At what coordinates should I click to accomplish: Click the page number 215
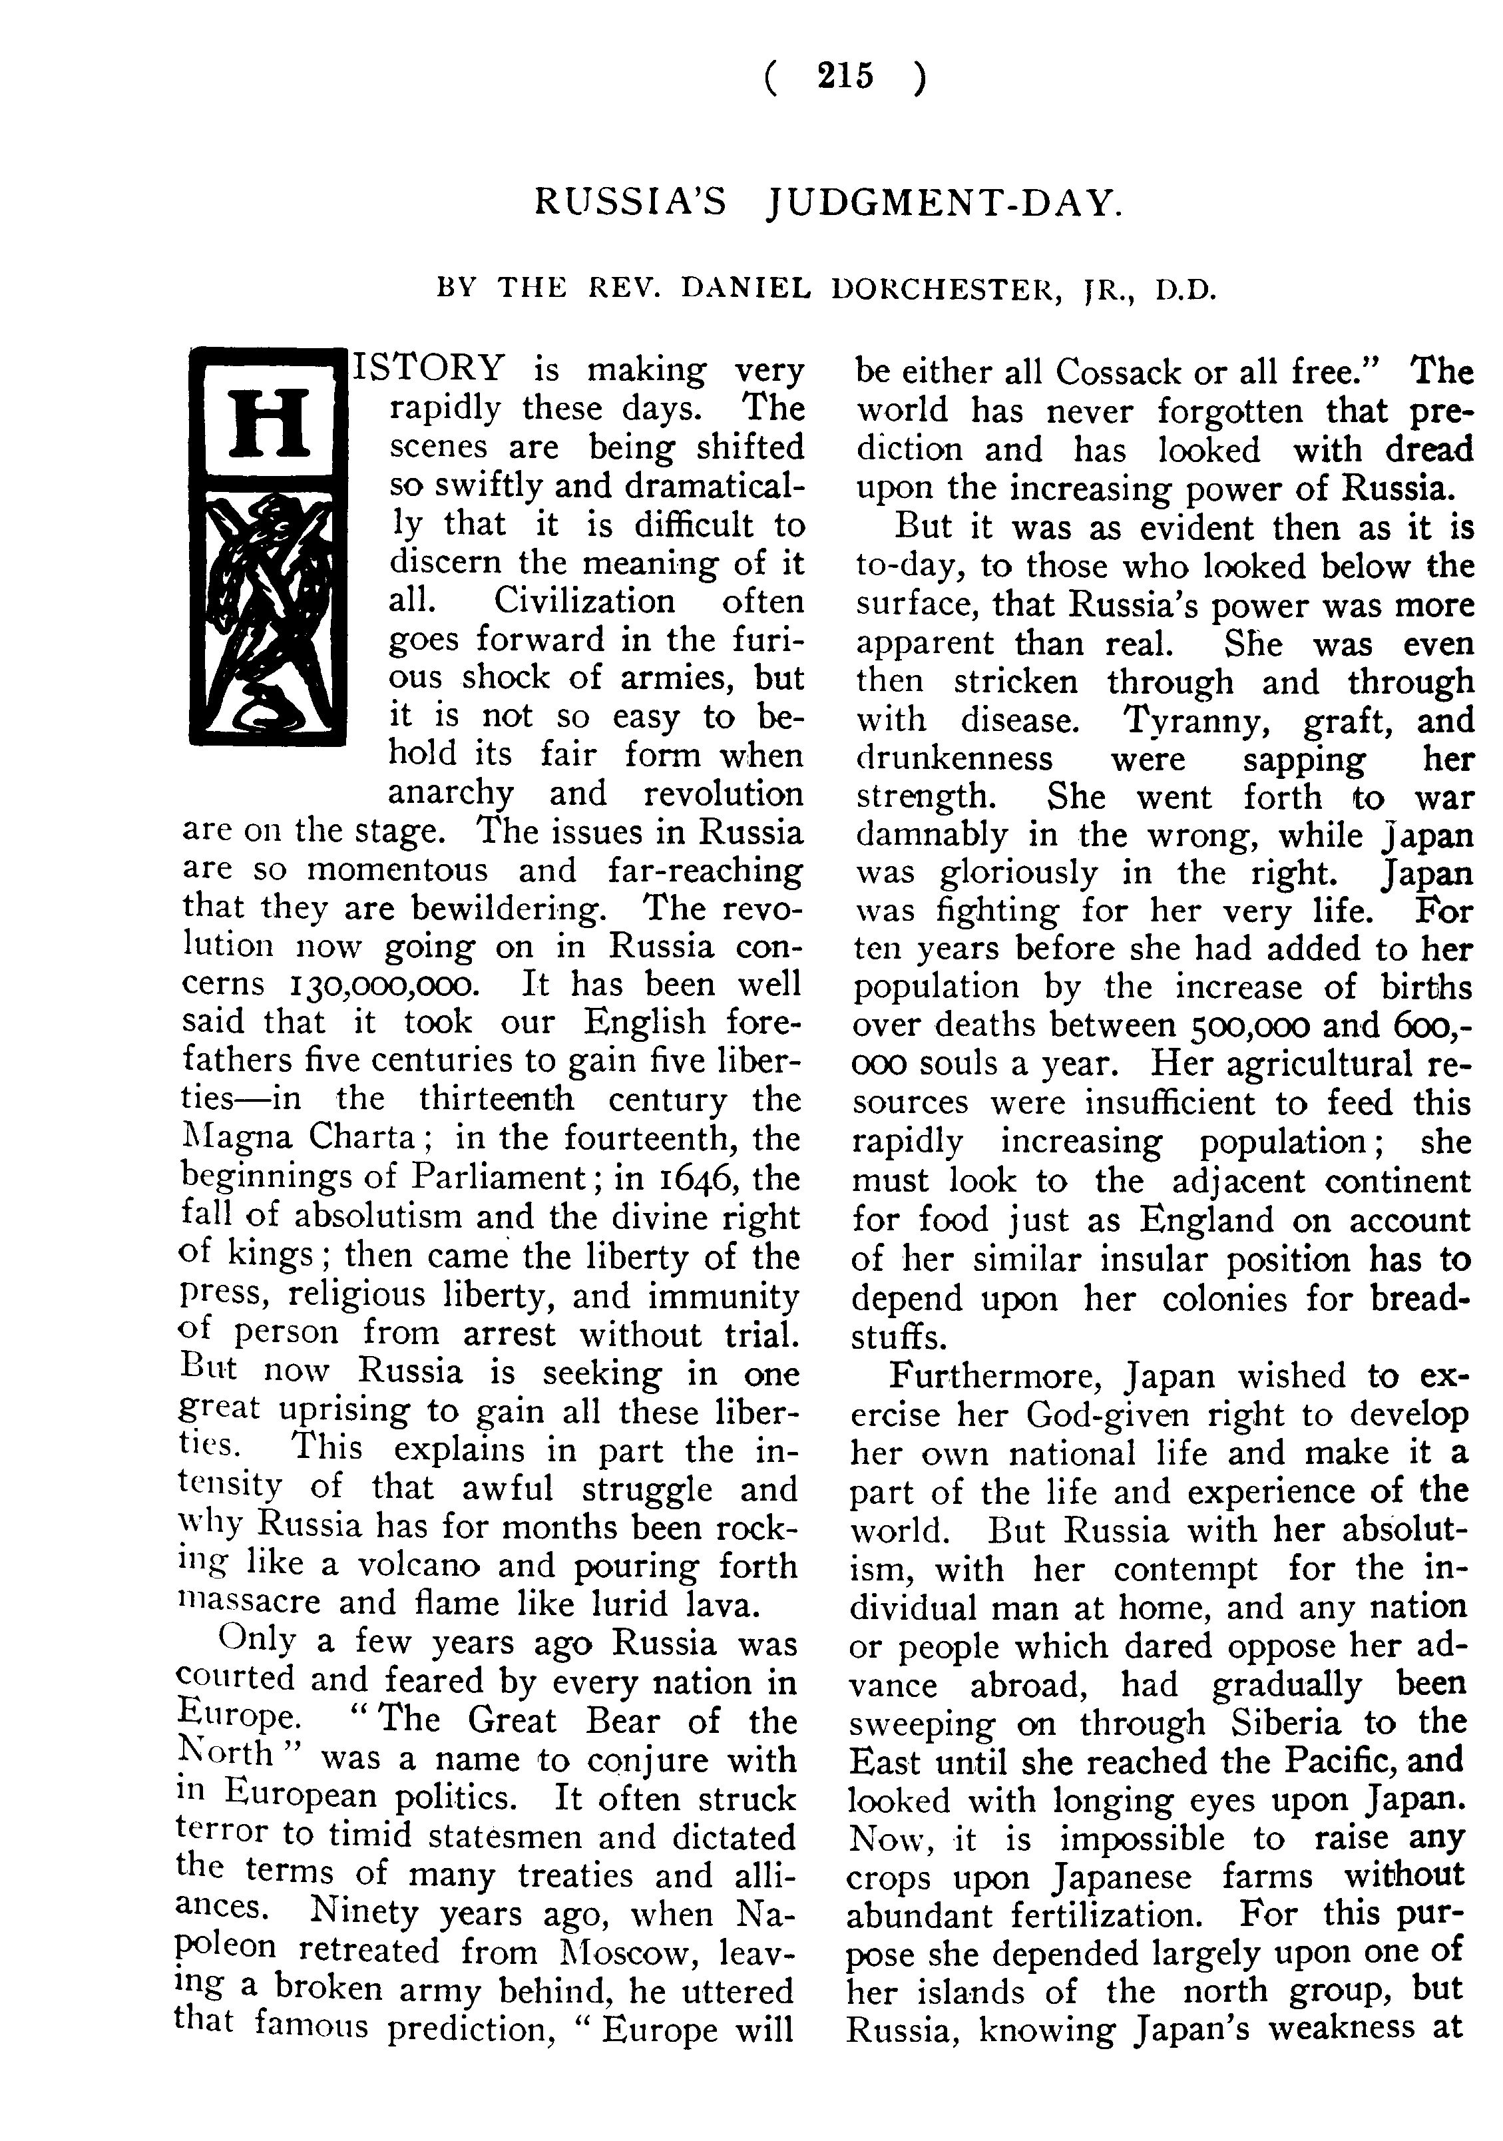(845, 75)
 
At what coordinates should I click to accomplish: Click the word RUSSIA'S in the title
(630, 202)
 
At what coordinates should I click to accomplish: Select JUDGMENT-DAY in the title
(944, 202)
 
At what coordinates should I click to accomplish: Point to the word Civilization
(584, 600)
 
